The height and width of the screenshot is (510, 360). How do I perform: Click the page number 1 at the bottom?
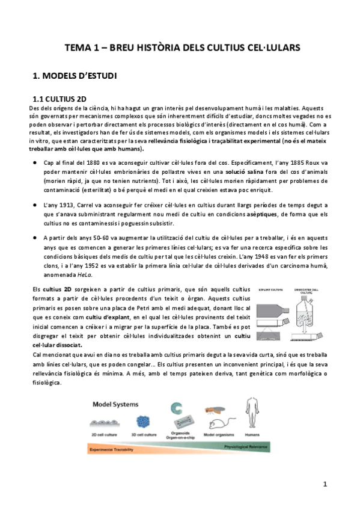325,484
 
